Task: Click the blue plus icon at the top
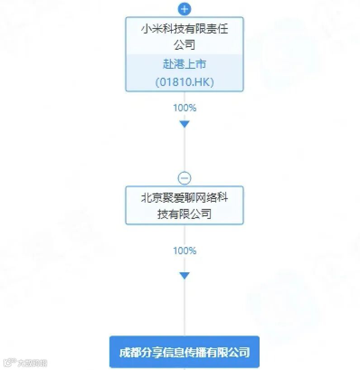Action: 185,9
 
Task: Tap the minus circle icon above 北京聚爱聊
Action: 185,178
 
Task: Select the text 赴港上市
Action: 185,64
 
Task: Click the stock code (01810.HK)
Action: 185,82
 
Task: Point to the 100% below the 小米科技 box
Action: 185,108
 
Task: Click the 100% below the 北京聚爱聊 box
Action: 185,250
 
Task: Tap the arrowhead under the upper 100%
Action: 185,124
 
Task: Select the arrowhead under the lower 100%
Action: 185,275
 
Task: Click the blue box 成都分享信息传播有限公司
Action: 185,352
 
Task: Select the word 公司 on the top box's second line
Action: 185,44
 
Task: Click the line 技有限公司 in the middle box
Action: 185,213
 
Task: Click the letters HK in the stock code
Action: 203,82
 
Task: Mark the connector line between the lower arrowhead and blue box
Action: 185,308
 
